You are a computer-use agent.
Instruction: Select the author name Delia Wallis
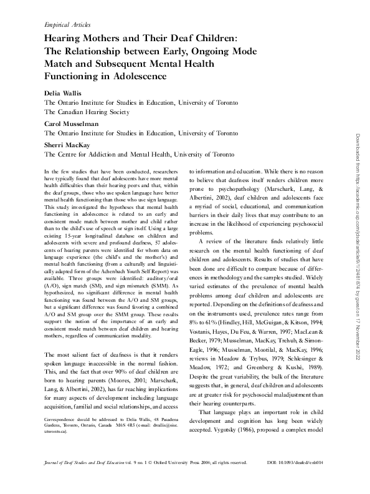point(62,92)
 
